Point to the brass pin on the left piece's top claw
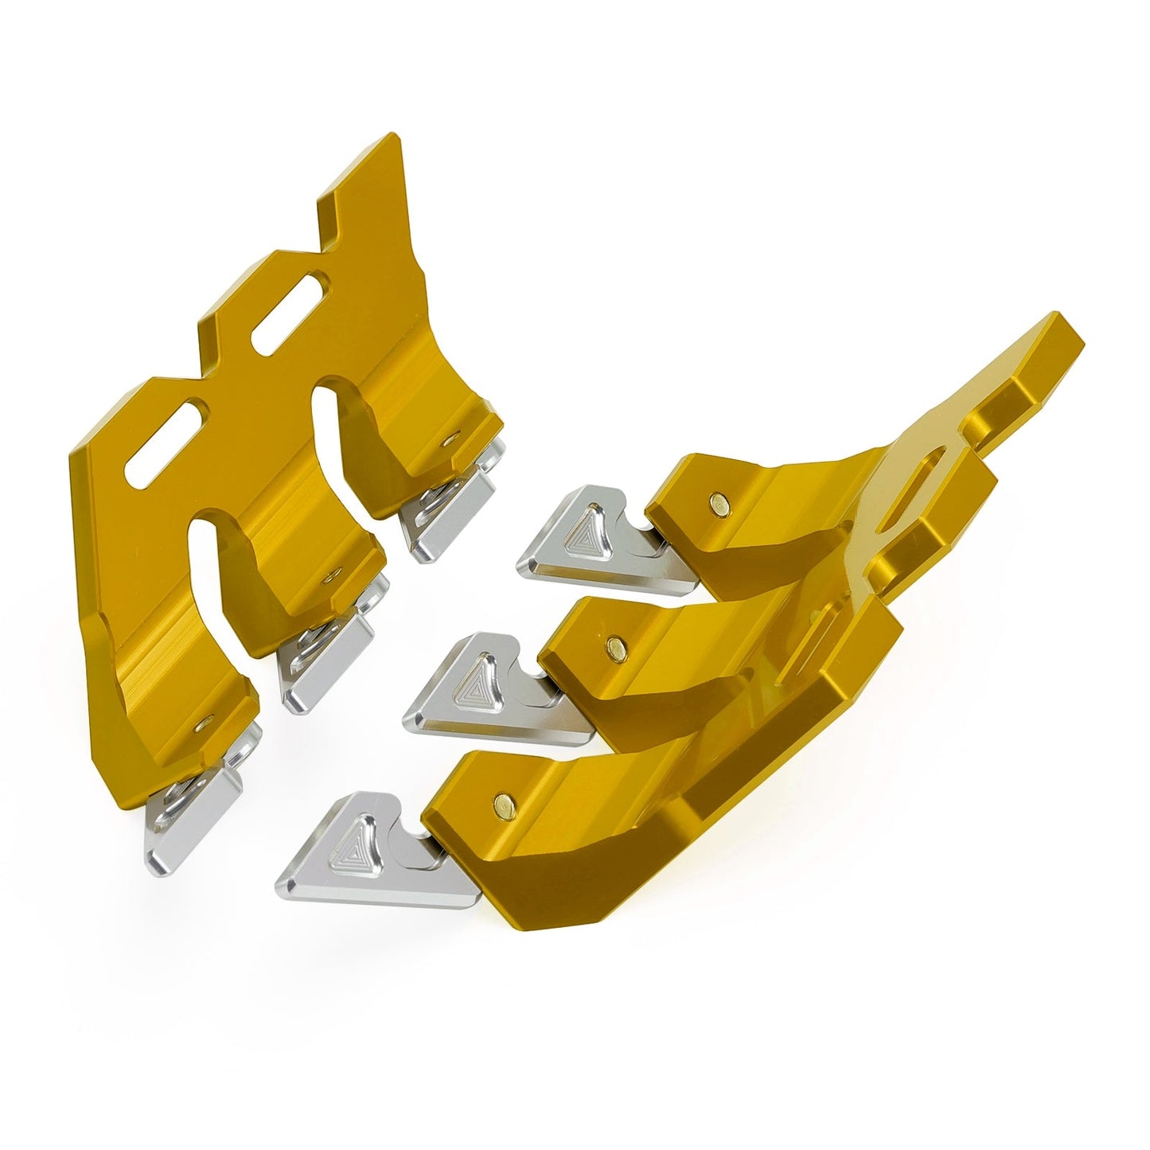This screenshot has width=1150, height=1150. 450,436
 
